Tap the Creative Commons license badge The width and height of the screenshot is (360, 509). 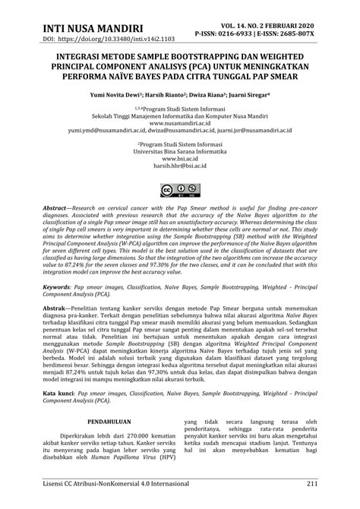click(179, 190)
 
